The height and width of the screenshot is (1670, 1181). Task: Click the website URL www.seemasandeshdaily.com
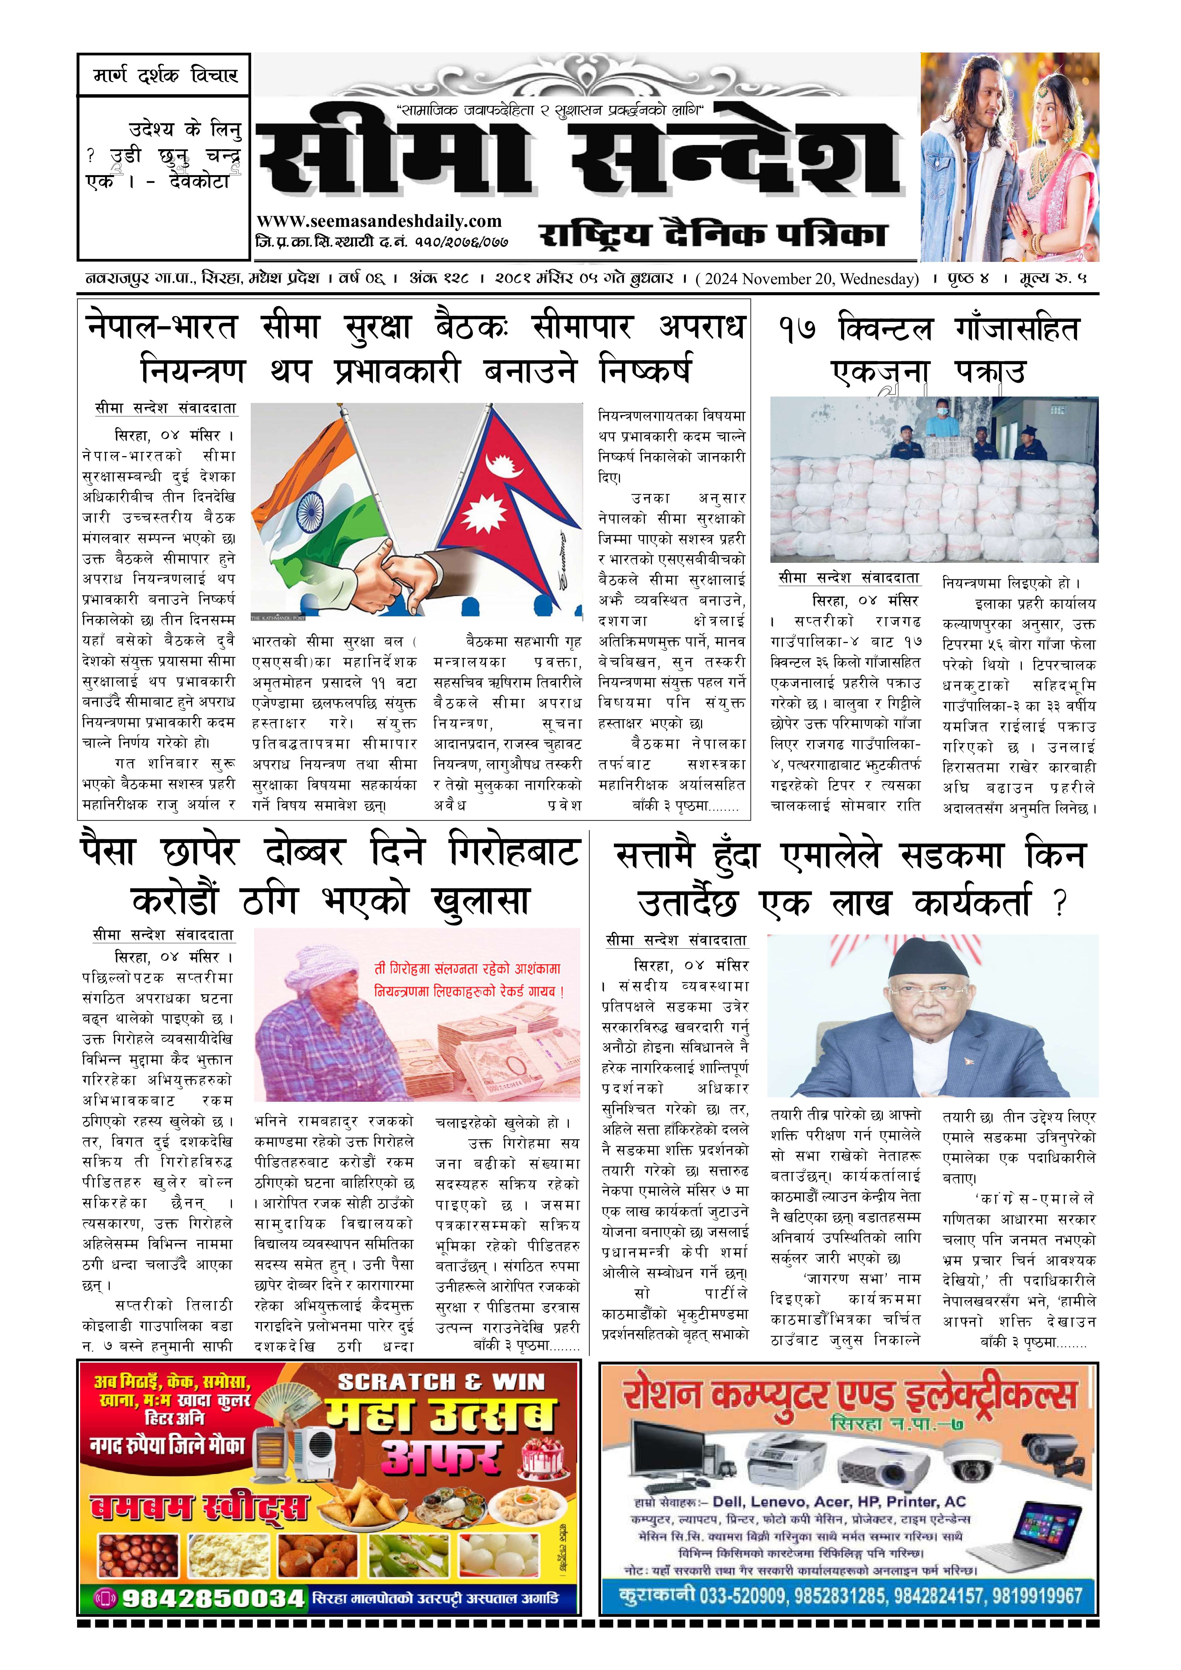pyautogui.click(x=379, y=221)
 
